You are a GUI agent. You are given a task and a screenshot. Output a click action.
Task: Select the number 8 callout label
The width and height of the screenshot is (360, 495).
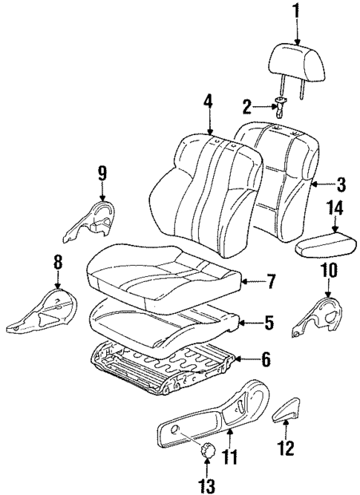tap(57, 263)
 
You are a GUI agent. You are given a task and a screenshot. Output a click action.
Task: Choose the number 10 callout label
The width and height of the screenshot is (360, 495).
tap(328, 271)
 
